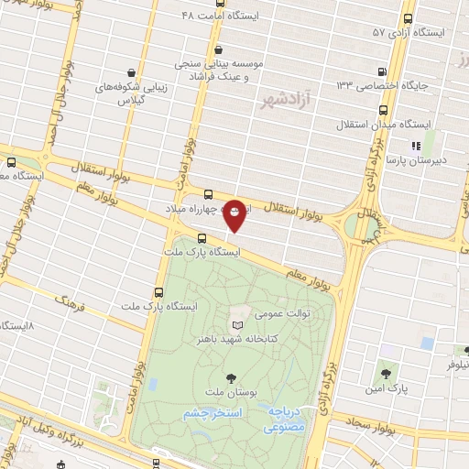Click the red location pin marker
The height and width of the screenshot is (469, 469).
click(x=235, y=214)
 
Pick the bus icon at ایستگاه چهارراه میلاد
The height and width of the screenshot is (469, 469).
click(x=208, y=194)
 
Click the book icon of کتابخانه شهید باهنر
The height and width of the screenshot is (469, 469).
click(x=238, y=325)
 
